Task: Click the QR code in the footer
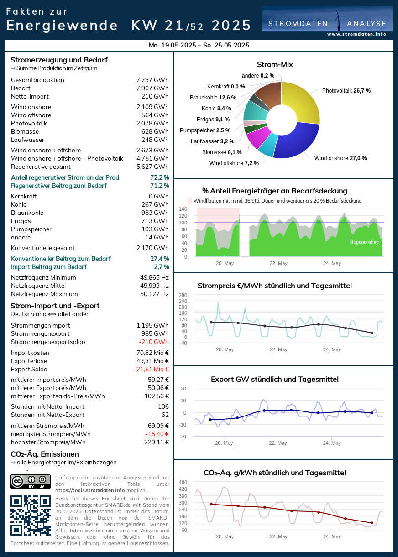pyautogui.click(x=31, y=515)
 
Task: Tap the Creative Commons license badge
pyautogui.click(x=31, y=481)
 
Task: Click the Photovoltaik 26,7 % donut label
pyautogui.click(x=346, y=91)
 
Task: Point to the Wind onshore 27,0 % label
pyautogui.click(x=340, y=158)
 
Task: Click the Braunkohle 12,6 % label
pyautogui.click(x=213, y=98)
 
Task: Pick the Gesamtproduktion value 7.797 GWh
pyautogui.click(x=152, y=80)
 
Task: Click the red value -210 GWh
pyautogui.click(x=154, y=342)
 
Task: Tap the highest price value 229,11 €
pyautogui.click(x=155, y=442)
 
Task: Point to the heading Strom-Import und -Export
pyautogui.click(x=55, y=306)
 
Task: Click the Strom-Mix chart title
pyautogui.click(x=275, y=65)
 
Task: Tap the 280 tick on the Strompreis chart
pyautogui.click(x=183, y=295)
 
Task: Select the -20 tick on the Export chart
pyautogui.click(x=183, y=437)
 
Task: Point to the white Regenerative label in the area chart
pyautogui.click(x=364, y=242)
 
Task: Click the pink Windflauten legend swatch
pyautogui.click(x=190, y=201)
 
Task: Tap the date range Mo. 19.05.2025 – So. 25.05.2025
pyautogui.click(x=199, y=45)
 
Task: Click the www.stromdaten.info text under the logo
pyautogui.click(x=356, y=34)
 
